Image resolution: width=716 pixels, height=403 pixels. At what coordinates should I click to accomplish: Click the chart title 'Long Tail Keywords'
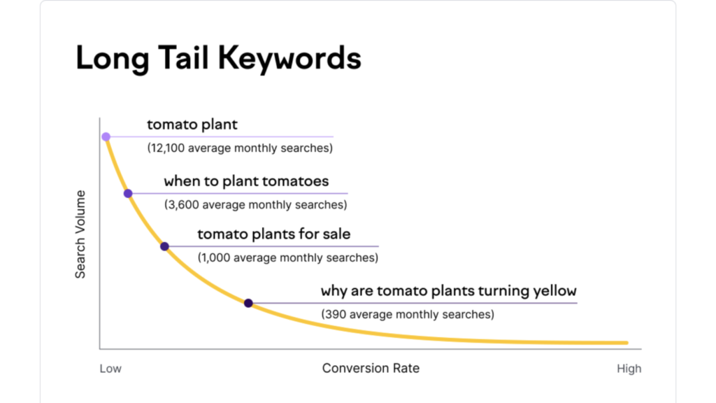[x=218, y=58]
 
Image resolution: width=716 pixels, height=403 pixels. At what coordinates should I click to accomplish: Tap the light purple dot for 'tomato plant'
[x=106, y=136]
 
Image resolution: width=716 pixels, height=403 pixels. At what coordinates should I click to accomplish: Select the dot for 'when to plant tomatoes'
[x=128, y=193]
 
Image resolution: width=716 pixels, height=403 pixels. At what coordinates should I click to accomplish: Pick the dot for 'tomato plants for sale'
[x=164, y=246]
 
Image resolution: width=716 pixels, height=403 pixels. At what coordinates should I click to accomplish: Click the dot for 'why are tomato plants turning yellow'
[x=248, y=303]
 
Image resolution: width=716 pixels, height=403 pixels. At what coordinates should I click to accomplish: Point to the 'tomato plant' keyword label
[x=192, y=125]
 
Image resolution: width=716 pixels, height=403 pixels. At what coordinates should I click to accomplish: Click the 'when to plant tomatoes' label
[x=246, y=181]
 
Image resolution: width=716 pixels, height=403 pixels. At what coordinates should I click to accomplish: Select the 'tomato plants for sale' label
[x=274, y=234]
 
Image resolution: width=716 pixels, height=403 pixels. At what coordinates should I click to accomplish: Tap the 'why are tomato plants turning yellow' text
[x=448, y=290]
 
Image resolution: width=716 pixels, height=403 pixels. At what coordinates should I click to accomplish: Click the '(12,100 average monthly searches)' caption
[x=240, y=148]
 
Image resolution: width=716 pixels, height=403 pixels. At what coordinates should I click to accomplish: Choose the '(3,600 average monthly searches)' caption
[x=255, y=205]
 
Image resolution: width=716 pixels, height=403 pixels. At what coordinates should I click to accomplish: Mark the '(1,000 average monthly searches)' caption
[x=288, y=258]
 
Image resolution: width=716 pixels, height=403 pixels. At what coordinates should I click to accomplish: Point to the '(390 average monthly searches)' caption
[x=407, y=315]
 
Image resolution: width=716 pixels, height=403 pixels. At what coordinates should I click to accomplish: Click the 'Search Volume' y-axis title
[x=80, y=234]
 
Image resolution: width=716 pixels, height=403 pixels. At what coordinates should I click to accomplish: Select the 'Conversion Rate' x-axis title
[x=371, y=368]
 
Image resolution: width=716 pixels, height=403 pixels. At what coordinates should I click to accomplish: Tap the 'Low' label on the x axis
[x=110, y=369]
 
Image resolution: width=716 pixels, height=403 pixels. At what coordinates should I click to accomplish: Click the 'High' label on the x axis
[x=629, y=369]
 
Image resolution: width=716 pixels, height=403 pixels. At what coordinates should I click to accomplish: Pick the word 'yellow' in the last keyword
[x=552, y=290]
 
